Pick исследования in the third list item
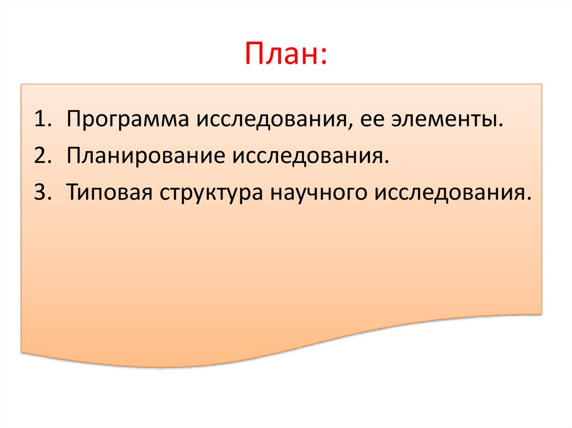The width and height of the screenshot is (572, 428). click(x=450, y=193)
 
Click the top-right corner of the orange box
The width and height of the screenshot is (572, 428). click(x=541, y=85)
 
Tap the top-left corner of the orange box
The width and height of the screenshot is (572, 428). click(x=22, y=85)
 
